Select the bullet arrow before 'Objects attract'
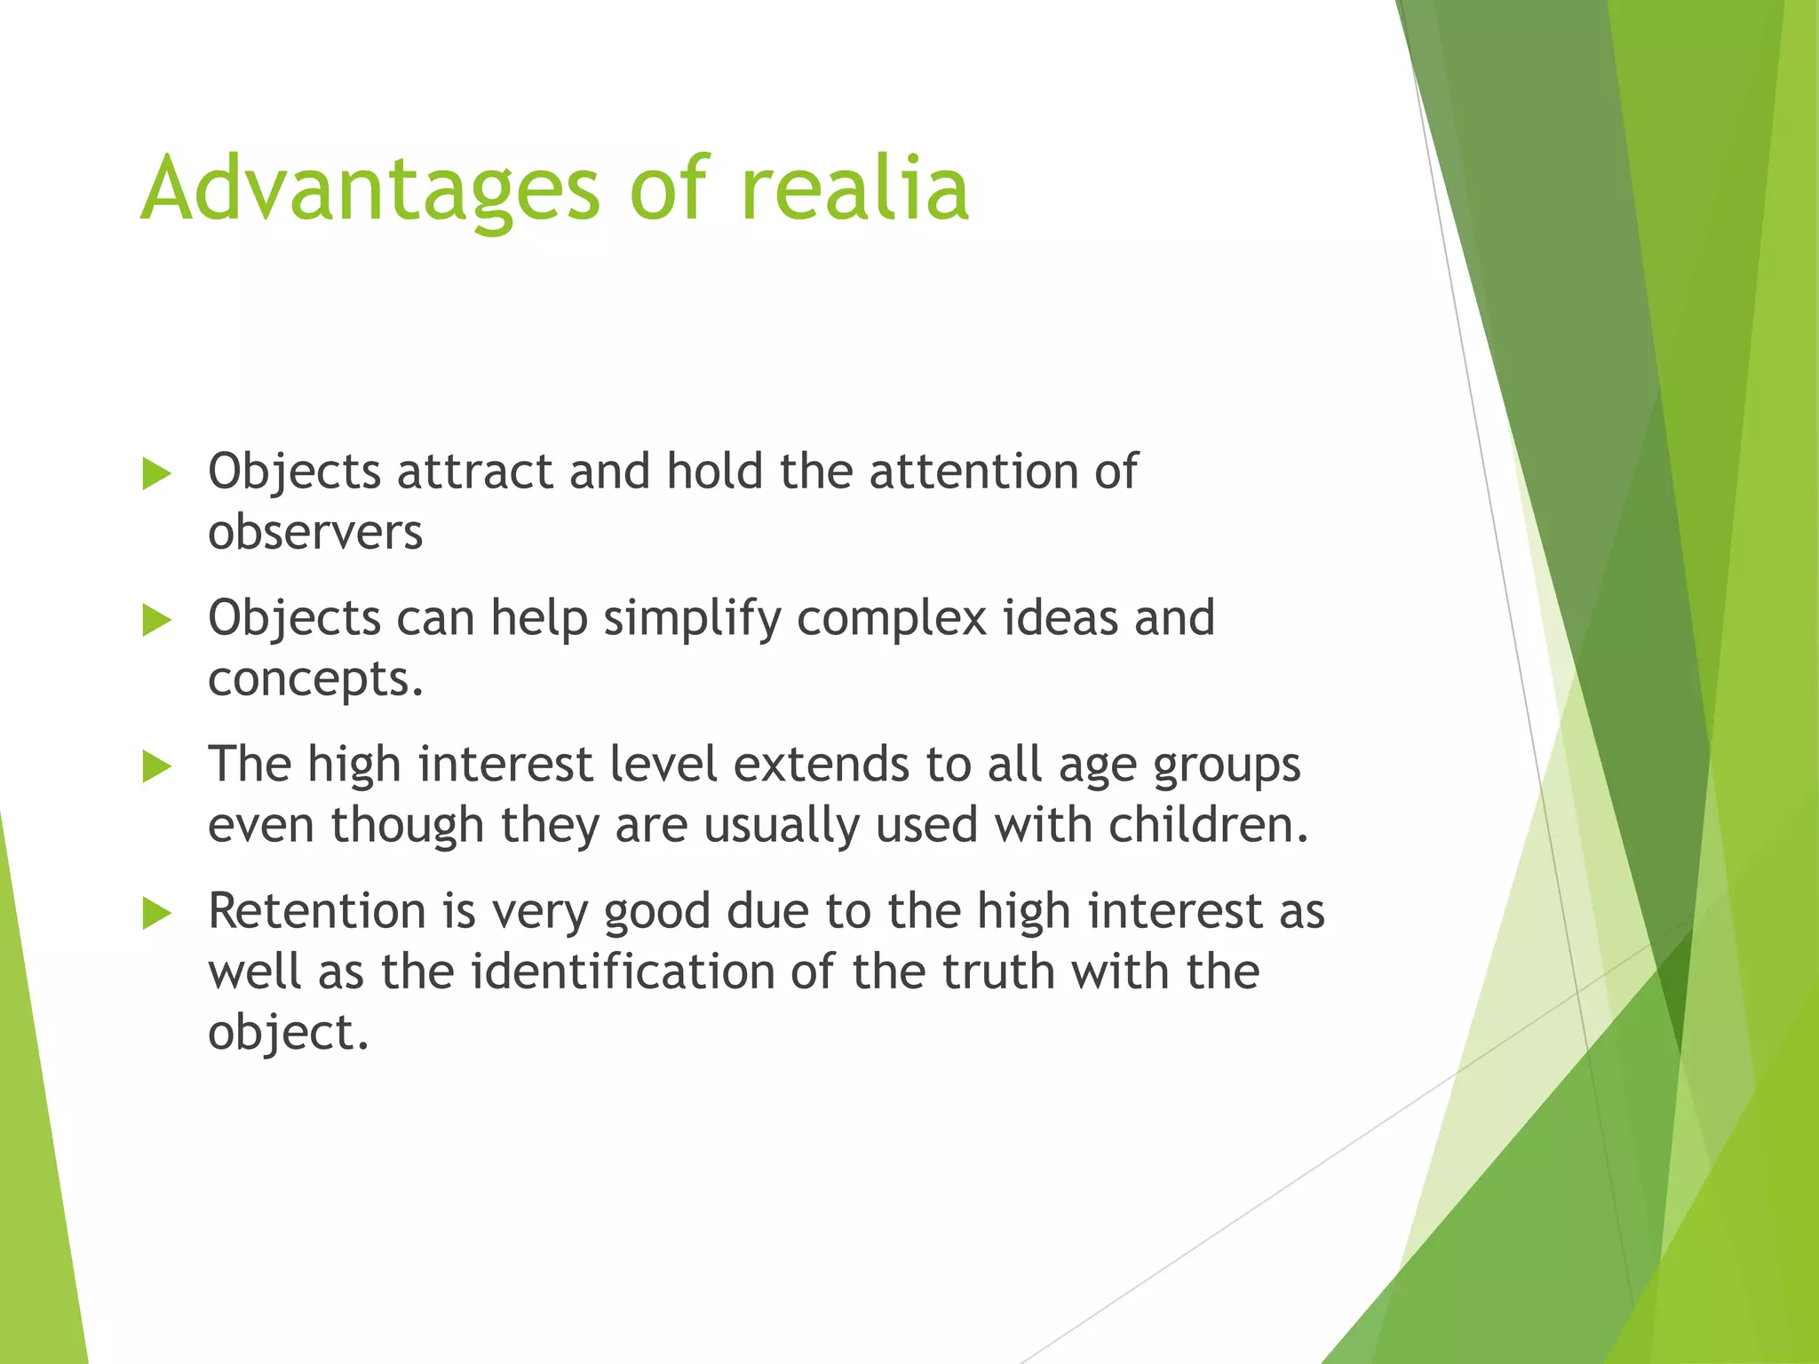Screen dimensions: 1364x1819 click(x=156, y=474)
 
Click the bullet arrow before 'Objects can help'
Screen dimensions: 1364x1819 click(x=156, y=621)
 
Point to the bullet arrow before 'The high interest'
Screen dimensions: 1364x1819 click(x=156, y=767)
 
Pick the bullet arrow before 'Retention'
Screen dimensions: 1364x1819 click(x=156, y=913)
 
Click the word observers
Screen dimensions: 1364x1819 click(x=315, y=533)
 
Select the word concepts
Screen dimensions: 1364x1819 click(x=314, y=680)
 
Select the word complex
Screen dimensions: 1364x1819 click(x=892, y=619)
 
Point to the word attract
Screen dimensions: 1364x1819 click(x=475, y=472)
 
